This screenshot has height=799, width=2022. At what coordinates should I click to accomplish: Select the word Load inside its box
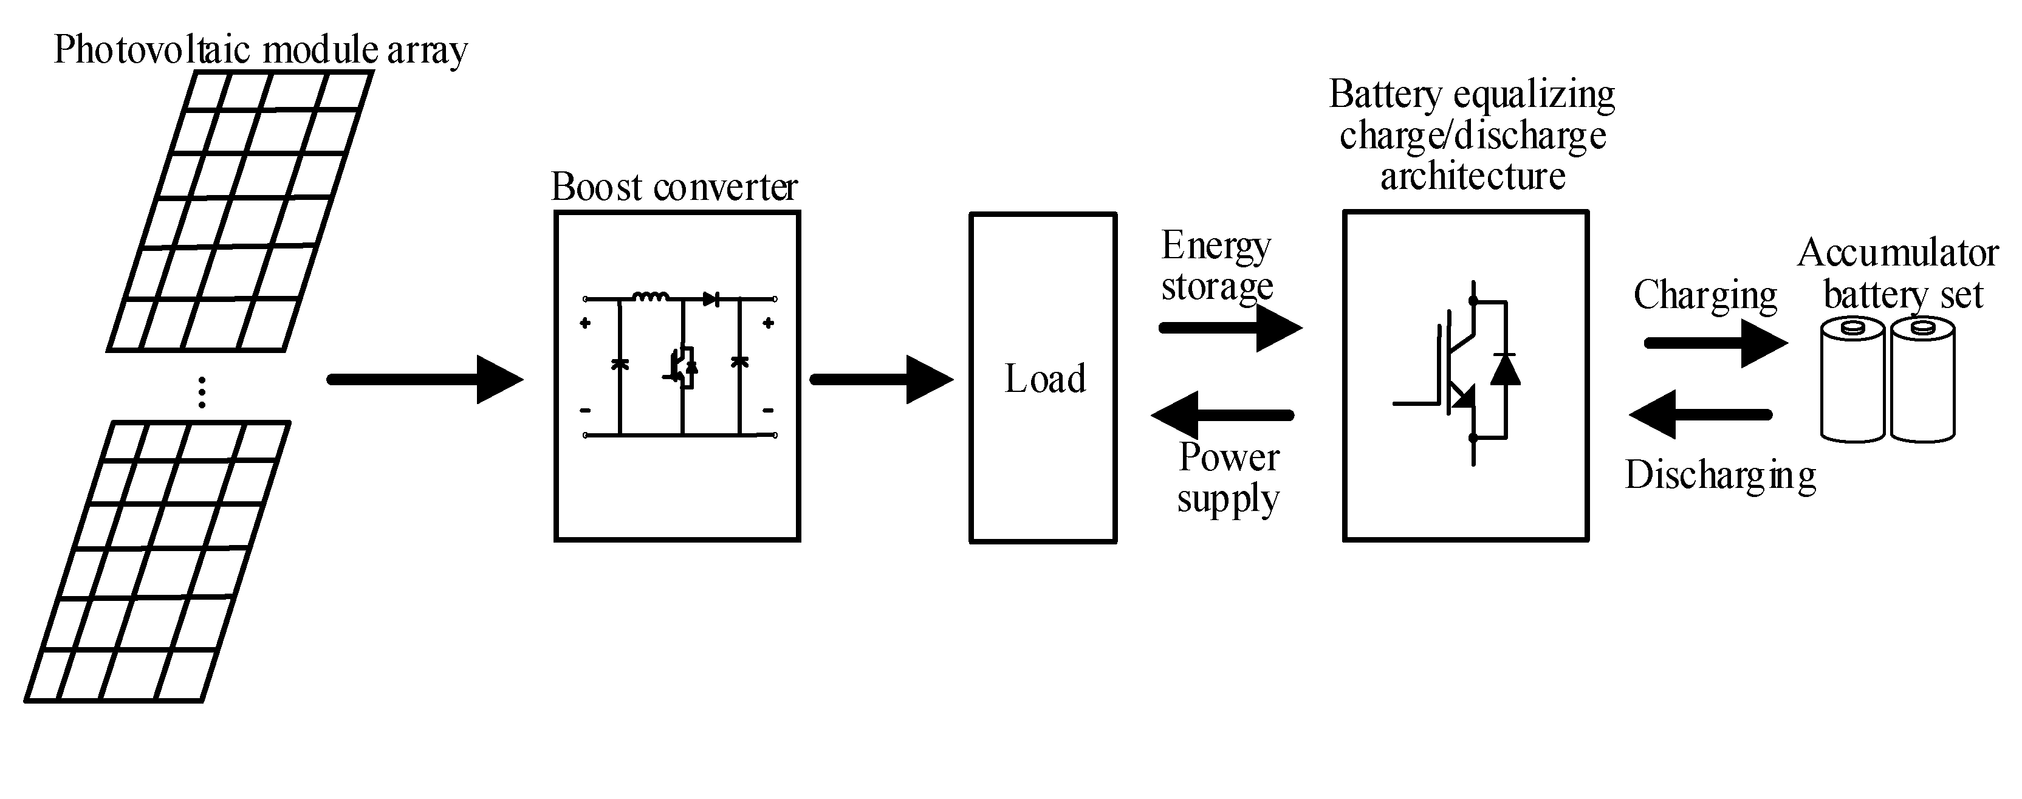(1045, 379)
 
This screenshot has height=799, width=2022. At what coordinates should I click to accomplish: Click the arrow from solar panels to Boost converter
(425, 380)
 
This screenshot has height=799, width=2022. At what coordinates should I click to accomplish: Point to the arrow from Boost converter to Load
(881, 380)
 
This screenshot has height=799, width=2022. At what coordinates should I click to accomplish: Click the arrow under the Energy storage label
(1230, 327)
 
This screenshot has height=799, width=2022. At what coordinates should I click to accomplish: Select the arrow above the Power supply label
(1222, 415)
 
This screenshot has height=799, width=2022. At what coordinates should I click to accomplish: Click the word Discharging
(1720, 476)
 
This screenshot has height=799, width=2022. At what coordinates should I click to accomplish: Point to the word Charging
(1705, 296)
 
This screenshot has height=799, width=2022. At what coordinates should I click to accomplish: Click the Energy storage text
(1216, 266)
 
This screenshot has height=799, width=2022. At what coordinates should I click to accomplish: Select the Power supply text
(1229, 478)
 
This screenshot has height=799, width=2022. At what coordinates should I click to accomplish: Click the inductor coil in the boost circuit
(651, 297)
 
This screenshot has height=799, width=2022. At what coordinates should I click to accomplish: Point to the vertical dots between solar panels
(202, 392)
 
